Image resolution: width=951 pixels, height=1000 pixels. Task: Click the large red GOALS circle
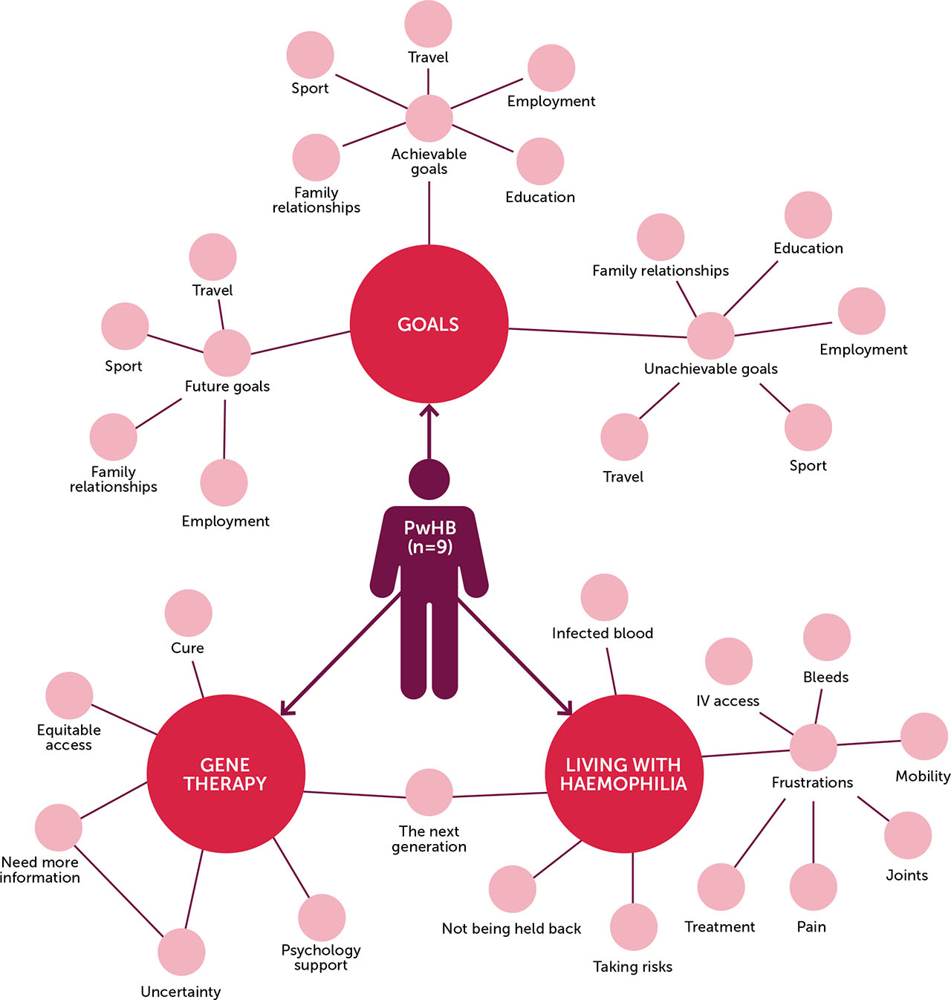click(x=429, y=324)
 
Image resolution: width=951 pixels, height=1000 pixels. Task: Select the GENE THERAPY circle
click(x=226, y=773)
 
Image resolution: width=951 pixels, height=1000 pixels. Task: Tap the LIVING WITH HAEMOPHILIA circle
click(x=624, y=773)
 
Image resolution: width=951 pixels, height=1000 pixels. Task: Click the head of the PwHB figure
click(x=429, y=479)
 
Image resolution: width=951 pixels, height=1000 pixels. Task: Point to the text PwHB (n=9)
click(x=429, y=537)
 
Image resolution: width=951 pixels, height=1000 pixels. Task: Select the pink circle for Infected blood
click(x=604, y=597)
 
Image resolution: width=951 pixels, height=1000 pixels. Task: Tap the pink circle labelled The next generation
click(x=429, y=792)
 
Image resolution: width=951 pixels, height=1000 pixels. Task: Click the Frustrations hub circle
click(x=813, y=747)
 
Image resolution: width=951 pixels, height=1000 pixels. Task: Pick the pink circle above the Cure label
click(x=188, y=613)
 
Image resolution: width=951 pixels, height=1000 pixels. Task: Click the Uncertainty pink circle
click(x=181, y=952)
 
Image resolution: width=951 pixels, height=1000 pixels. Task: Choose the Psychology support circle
click(x=322, y=918)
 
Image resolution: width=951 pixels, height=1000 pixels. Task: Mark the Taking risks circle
click(x=633, y=926)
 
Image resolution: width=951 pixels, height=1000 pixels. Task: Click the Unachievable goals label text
click(x=711, y=369)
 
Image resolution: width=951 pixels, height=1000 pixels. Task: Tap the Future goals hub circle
click(x=227, y=353)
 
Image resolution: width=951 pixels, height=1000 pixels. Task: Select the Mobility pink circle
click(x=924, y=736)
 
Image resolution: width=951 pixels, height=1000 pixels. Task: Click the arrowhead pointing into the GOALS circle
click(x=429, y=409)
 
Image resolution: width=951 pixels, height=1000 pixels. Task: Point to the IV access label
click(x=727, y=701)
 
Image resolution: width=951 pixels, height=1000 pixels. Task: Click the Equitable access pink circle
click(x=69, y=695)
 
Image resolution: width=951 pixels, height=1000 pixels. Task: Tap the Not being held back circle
click(x=513, y=889)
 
